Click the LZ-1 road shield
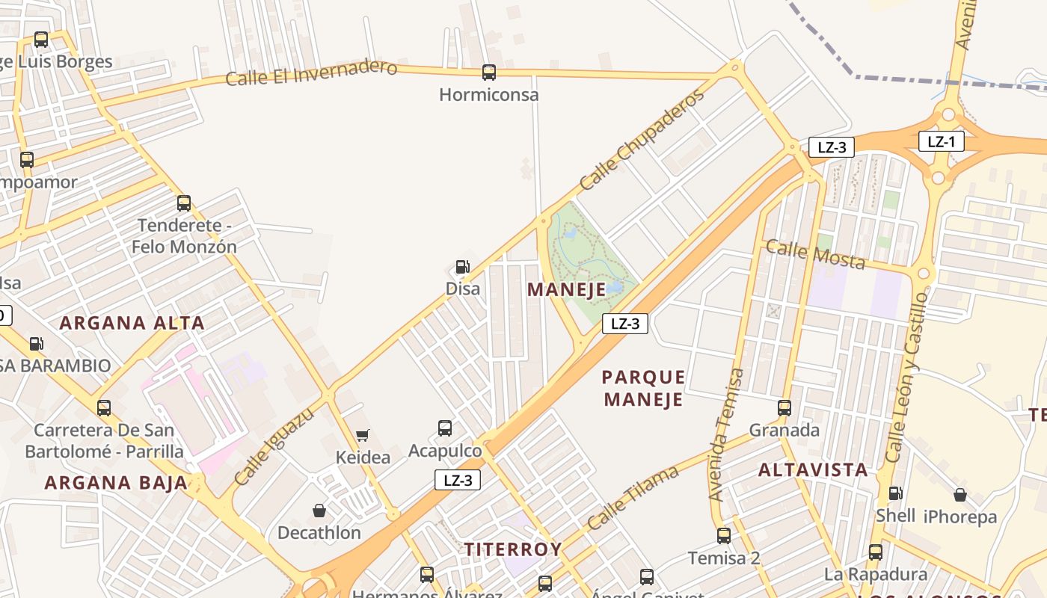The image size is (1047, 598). (x=941, y=141)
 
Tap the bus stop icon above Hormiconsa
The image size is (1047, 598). (x=488, y=73)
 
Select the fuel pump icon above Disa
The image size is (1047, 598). (x=462, y=267)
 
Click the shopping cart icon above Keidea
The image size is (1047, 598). (x=363, y=435)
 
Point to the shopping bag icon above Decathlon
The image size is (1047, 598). (x=319, y=511)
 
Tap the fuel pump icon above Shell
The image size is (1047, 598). (x=895, y=493)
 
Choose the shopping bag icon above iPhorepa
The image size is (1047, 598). (x=960, y=495)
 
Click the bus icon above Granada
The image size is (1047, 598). (x=785, y=408)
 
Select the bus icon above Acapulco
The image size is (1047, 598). (x=445, y=428)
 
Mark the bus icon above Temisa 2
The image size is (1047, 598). (x=723, y=536)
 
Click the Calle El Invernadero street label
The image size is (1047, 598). (x=311, y=73)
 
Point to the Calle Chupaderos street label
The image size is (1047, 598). (x=642, y=140)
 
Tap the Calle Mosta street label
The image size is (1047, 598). (x=815, y=254)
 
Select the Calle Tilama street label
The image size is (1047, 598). (x=633, y=497)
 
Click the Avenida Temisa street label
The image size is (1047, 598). (x=726, y=434)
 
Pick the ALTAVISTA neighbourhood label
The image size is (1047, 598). (x=813, y=470)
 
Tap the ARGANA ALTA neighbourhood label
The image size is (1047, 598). (x=132, y=323)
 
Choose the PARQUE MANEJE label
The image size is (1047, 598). (x=643, y=388)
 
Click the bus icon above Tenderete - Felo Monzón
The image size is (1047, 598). (x=184, y=203)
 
